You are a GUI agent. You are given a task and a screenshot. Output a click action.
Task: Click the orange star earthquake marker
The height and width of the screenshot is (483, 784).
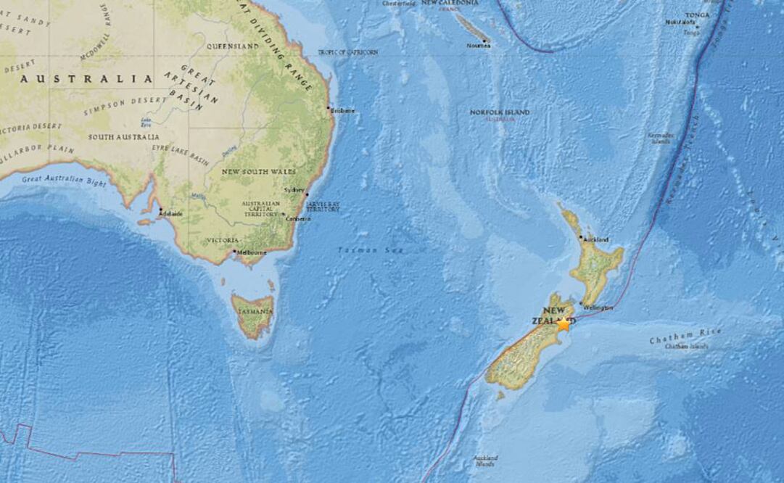[x=564, y=324]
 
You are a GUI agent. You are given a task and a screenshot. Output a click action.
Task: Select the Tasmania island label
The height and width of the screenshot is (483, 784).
[x=254, y=312]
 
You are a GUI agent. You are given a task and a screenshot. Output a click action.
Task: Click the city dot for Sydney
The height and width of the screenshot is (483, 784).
[x=307, y=194]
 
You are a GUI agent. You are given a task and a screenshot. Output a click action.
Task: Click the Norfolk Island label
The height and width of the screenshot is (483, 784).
[x=500, y=112]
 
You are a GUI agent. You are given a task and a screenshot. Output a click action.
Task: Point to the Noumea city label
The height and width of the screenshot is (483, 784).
[x=479, y=46]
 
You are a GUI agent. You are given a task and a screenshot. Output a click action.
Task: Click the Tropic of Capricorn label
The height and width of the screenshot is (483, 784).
[x=348, y=52]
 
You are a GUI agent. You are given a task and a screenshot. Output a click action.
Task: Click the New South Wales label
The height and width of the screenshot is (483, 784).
[x=260, y=171]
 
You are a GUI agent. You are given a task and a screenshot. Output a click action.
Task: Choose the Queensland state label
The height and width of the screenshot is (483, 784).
[x=232, y=46]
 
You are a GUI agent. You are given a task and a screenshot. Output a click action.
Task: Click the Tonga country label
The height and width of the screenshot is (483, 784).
[x=697, y=15]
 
